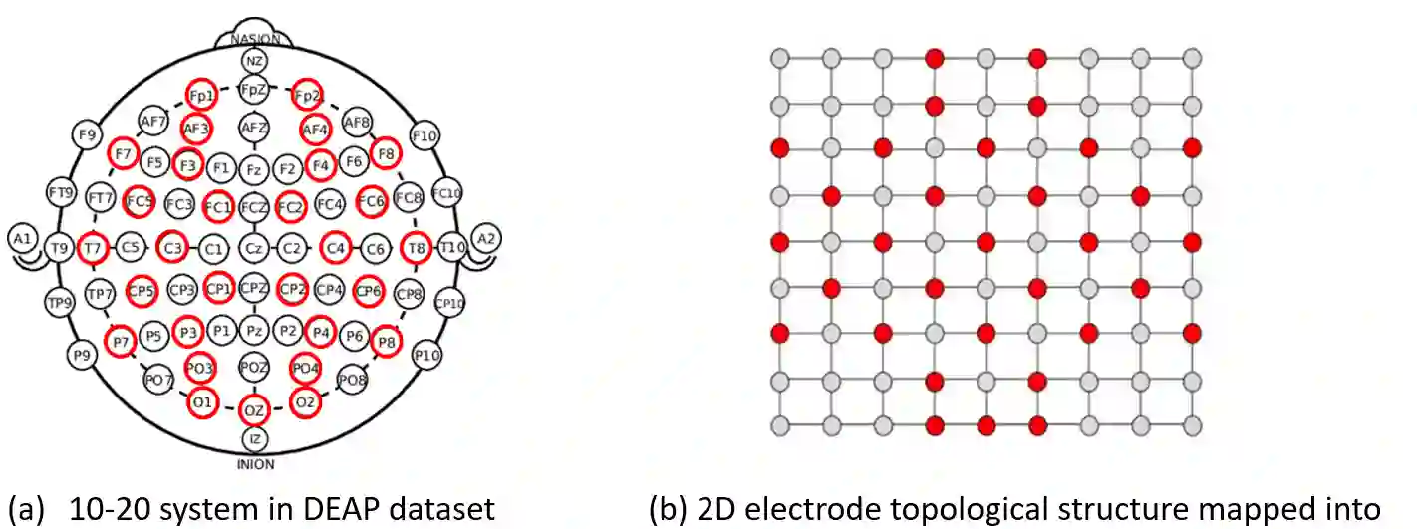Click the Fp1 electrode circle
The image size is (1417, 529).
[201, 95]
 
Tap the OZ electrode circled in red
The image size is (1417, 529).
[254, 409]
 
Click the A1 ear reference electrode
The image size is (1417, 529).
[21, 238]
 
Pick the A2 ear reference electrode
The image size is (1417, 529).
[485, 238]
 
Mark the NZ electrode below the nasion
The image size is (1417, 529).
[254, 61]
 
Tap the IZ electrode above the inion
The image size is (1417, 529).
[254, 437]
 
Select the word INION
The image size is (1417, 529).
[255, 463]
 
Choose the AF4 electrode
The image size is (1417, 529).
[315, 129]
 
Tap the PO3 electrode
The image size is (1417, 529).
[200, 370]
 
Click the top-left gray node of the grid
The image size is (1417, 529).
[780, 58]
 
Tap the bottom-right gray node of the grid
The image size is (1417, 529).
[1192, 426]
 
